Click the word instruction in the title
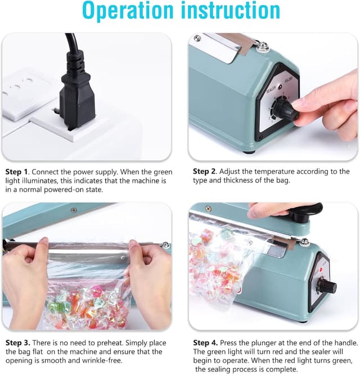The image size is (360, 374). (231, 12)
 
